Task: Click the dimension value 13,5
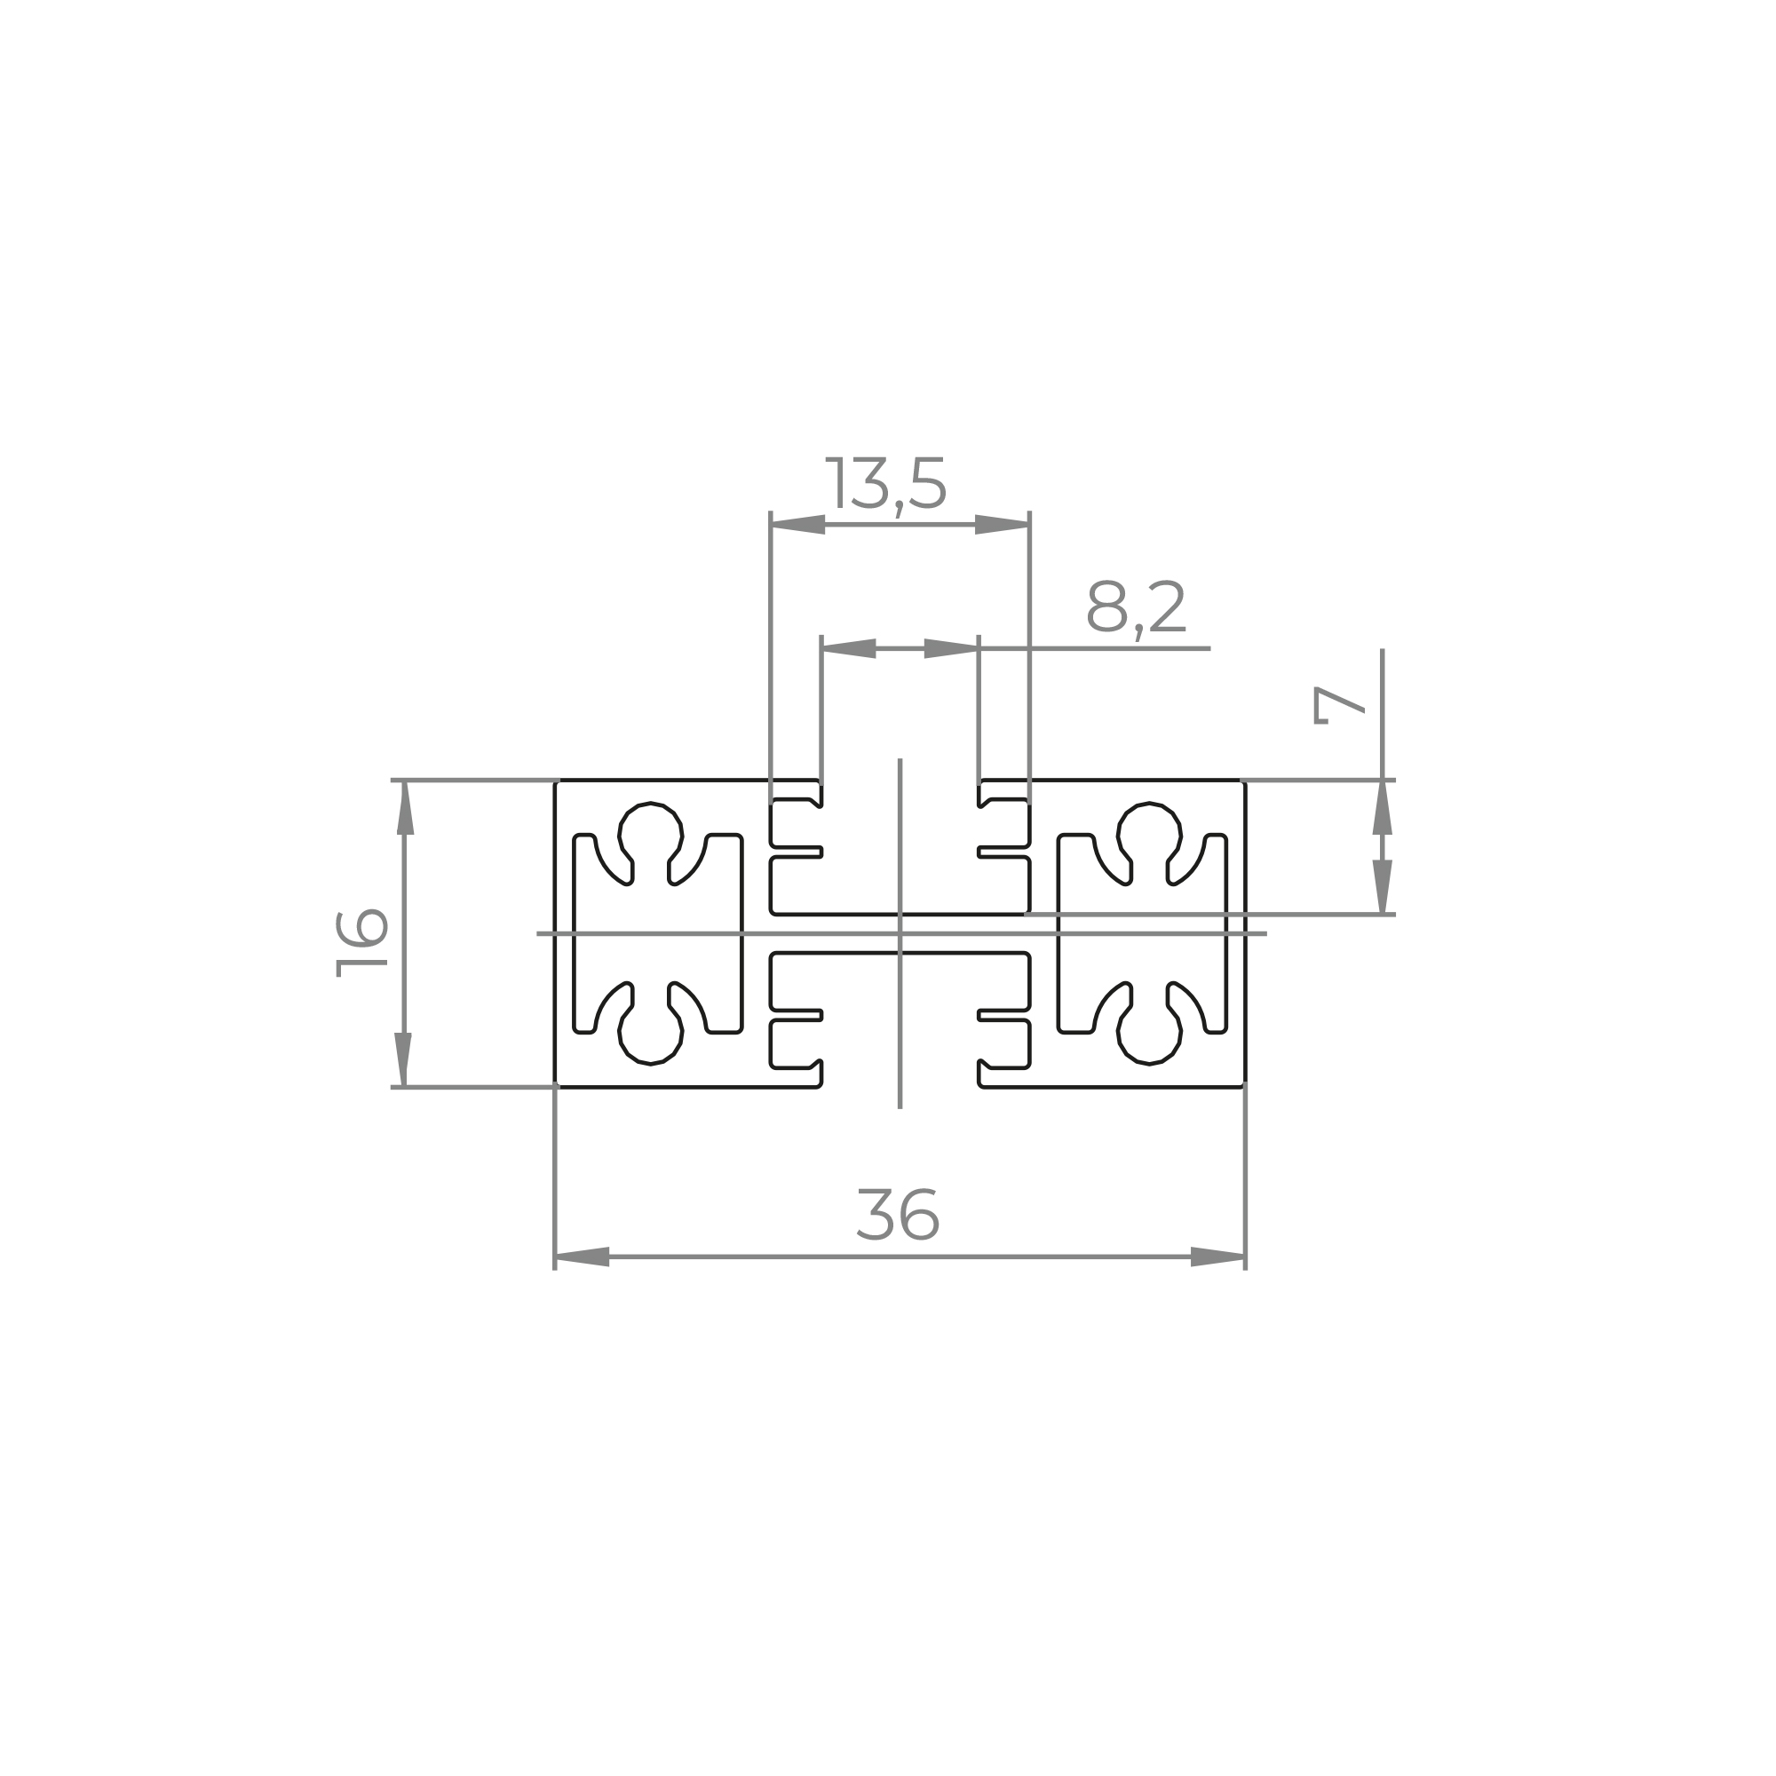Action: [886, 484]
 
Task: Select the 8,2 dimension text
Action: [1137, 607]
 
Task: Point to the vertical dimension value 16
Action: [362, 943]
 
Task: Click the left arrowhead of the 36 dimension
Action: [582, 1257]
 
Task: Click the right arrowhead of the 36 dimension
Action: [1218, 1257]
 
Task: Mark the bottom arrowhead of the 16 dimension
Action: [404, 1060]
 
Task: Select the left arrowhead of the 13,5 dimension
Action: [798, 525]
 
